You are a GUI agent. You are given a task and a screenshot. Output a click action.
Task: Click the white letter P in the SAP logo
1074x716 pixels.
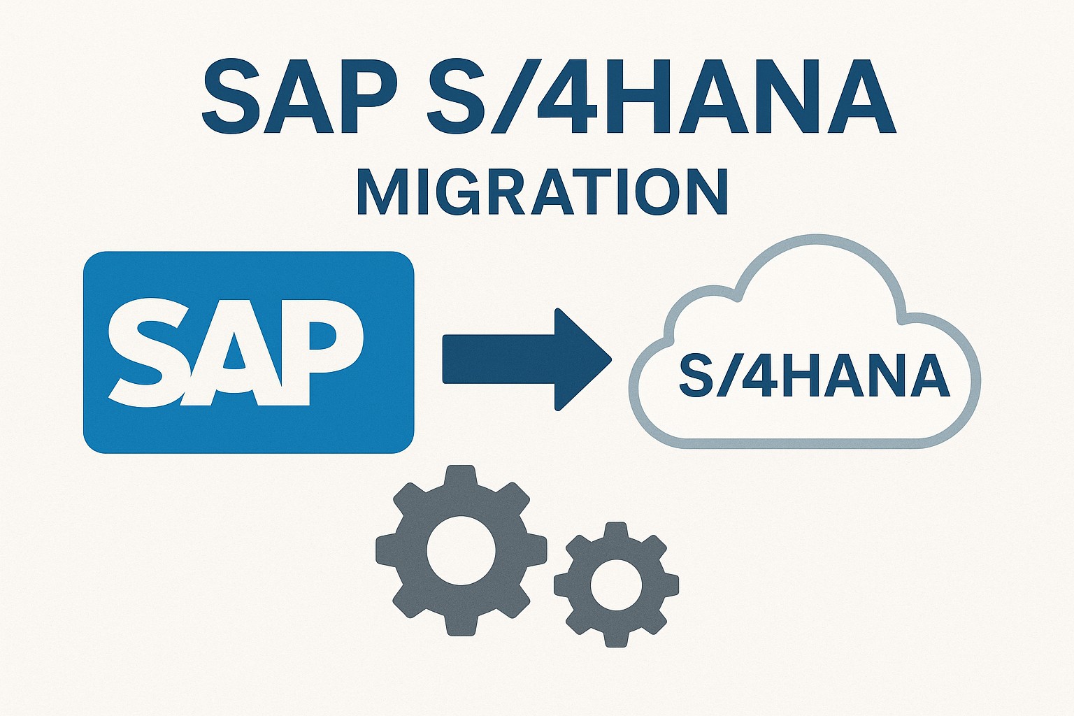pos(323,352)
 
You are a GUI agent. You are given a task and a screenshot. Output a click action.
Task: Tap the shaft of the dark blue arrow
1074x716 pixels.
pos(499,359)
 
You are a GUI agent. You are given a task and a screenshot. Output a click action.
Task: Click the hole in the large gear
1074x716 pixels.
pos(461,550)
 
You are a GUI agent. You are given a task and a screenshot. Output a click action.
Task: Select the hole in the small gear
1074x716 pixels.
pos(616,585)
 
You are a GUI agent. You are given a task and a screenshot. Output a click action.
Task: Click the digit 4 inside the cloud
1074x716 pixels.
pos(753,376)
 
